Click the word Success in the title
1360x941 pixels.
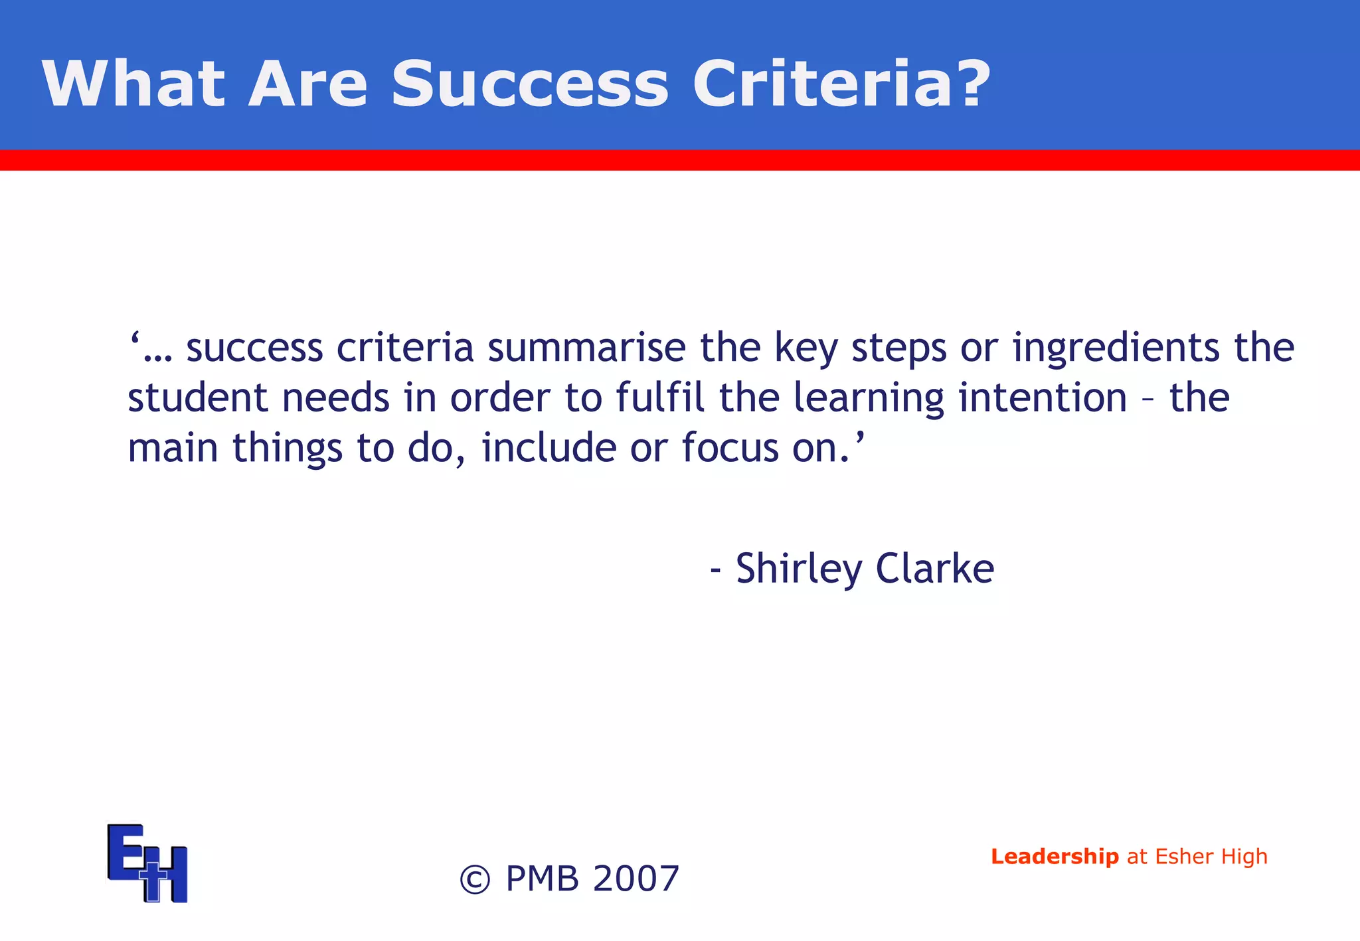pyautogui.click(x=529, y=84)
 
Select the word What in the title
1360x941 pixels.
pyautogui.click(x=133, y=84)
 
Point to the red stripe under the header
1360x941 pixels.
pyautogui.click(x=680, y=160)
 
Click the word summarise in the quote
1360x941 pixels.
pyautogui.click(x=586, y=348)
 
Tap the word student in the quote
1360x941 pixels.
pyautogui.click(x=197, y=398)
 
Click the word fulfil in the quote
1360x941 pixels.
pyautogui.click(x=659, y=398)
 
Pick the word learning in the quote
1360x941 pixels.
pyautogui.click(x=869, y=398)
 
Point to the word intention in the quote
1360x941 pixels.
pyautogui.click(x=1043, y=398)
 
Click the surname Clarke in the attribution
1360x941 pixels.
pyautogui.click(x=934, y=569)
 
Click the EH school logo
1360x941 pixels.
pyautogui.click(x=147, y=863)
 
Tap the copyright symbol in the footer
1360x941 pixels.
pyautogui.click(x=475, y=880)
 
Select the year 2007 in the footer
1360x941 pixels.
pyautogui.click(x=636, y=879)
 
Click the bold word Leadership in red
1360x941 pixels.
pyautogui.click(x=1055, y=857)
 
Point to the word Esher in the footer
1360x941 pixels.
pyautogui.click(x=1184, y=857)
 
